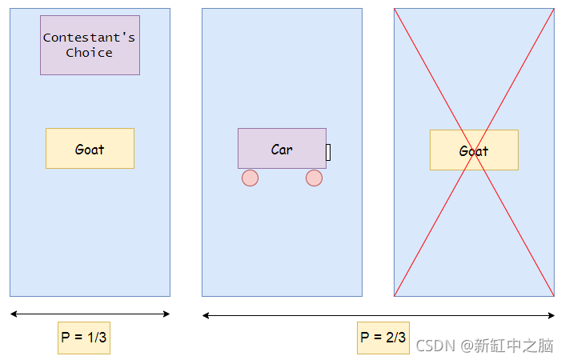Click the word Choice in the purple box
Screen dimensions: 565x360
tap(90, 53)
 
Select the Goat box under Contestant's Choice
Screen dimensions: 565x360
tap(90, 149)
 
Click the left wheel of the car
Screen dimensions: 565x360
tap(250, 178)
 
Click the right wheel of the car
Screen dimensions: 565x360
tap(314, 178)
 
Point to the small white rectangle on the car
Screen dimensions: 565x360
tap(328, 152)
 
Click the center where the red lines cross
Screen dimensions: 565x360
tap(474, 152)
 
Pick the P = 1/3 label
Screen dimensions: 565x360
tap(83, 338)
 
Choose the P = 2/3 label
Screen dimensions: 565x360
tap(383, 338)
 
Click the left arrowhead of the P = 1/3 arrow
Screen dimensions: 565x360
tap(13, 314)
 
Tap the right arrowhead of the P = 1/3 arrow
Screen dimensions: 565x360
tap(167, 314)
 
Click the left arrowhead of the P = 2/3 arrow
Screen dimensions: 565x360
tap(205, 315)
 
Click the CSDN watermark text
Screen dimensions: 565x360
tap(435, 346)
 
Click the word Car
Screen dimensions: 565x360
tap(282, 150)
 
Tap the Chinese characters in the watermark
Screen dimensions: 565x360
tap(513, 346)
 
